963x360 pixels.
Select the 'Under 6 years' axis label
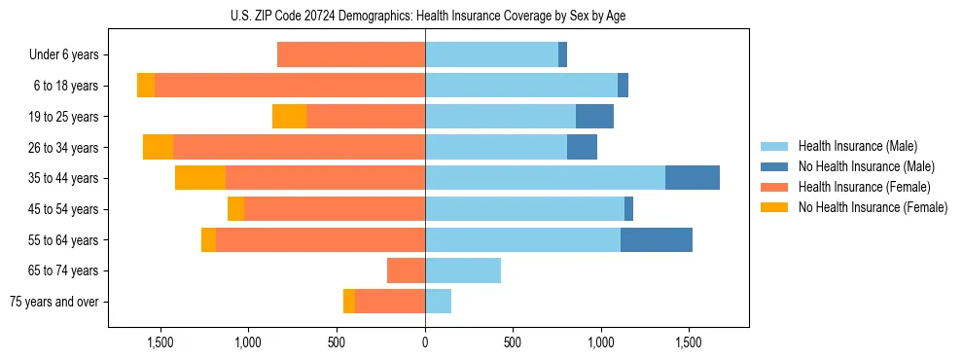(63, 55)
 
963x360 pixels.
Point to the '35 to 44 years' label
(65, 178)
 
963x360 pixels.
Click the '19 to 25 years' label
(65, 117)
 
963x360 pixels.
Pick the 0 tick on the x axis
(425, 343)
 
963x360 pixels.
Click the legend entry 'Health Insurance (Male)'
(856, 146)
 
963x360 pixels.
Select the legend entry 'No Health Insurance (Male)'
(865, 166)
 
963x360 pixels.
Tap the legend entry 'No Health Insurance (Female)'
(872, 207)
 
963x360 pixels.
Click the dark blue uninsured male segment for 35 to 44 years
(693, 178)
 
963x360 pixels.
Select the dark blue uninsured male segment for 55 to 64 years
(657, 239)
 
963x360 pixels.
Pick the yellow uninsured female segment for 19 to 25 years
(289, 117)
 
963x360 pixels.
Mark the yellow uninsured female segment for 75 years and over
(349, 302)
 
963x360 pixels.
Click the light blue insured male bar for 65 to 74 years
(463, 270)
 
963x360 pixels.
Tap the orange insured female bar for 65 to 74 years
(406, 270)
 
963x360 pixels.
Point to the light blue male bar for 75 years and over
(438, 302)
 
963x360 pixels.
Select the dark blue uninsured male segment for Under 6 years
(562, 55)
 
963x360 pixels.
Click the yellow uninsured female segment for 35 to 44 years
(200, 178)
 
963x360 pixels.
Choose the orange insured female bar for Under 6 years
(351, 55)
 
